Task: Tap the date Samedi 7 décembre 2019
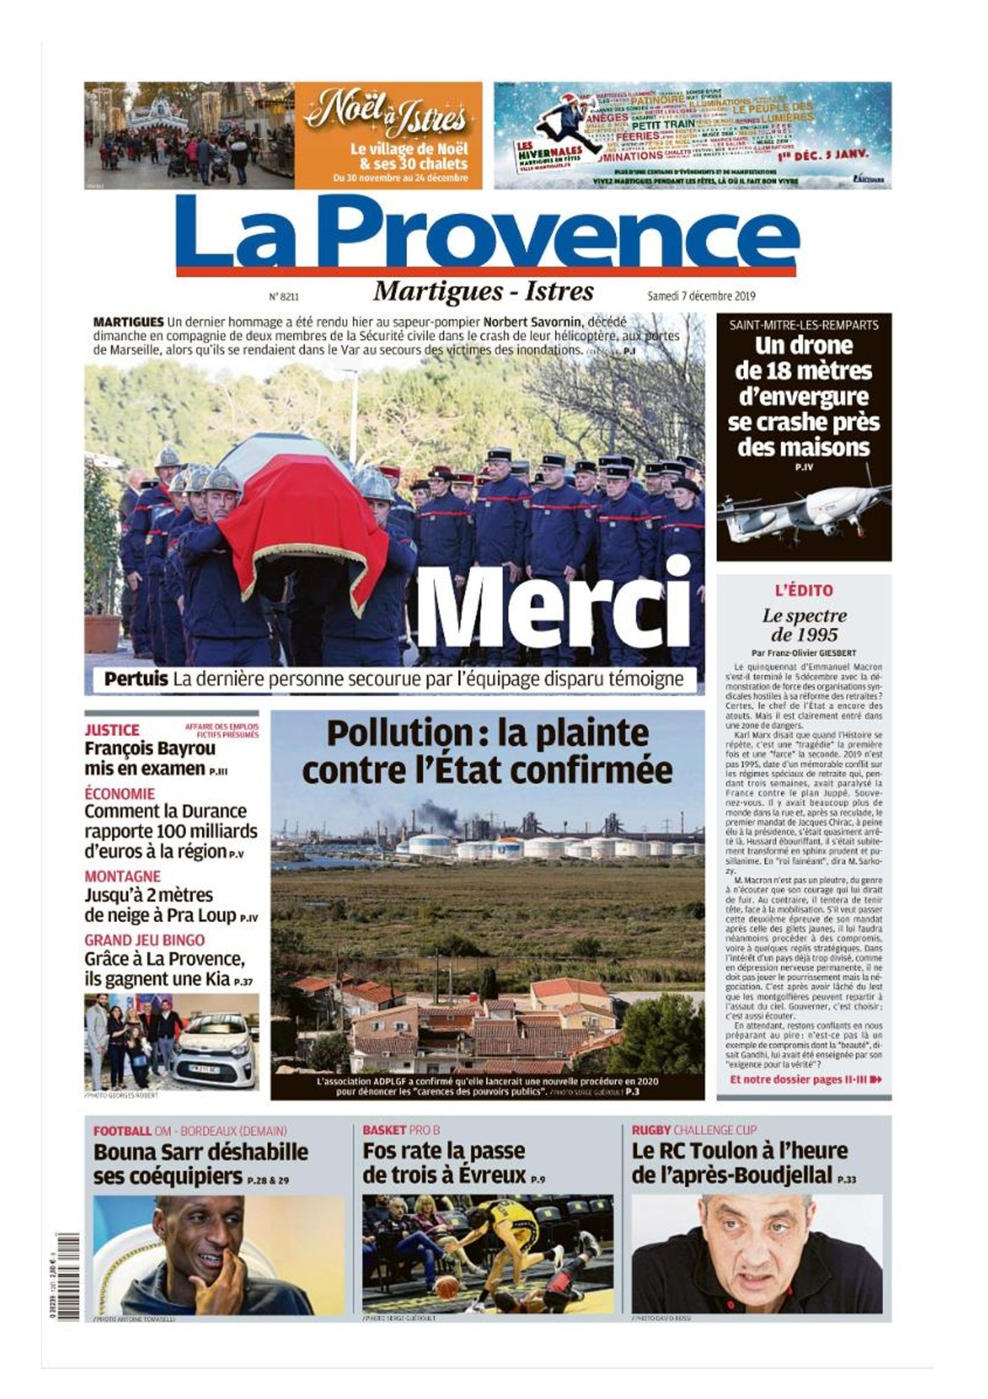[x=701, y=296]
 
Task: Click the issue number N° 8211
[x=284, y=297]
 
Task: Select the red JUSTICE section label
[x=112, y=730]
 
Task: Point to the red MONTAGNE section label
[x=122, y=876]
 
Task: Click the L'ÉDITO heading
[x=803, y=590]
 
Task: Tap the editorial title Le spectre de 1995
[x=803, y=625]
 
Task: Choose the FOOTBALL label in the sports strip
[x=122, y=1130]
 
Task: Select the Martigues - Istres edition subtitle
[x=483, y=291]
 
